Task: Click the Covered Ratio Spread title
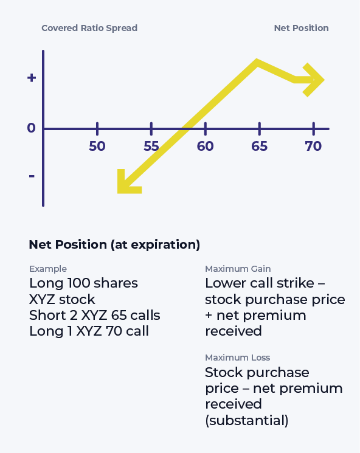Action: point(89,28)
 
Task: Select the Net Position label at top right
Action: point(301,28)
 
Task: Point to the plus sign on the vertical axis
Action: point(32,78)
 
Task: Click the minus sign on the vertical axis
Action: point(32,176)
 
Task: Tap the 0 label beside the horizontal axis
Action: point(31,128)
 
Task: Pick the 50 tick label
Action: point(97,147)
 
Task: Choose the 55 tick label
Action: point(151,147)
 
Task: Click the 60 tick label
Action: point(206,147)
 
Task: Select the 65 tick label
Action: point(260,147)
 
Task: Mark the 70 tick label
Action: point(314,147)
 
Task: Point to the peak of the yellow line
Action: point(257,62)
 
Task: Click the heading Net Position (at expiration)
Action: point(114,245)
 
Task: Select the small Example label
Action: point(48,269)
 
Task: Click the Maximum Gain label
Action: point(238,269)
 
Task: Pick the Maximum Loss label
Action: point(237,358)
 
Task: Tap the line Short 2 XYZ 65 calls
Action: point(95,315)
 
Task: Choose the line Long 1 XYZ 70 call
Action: point(89,331)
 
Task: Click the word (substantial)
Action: point(247,420)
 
